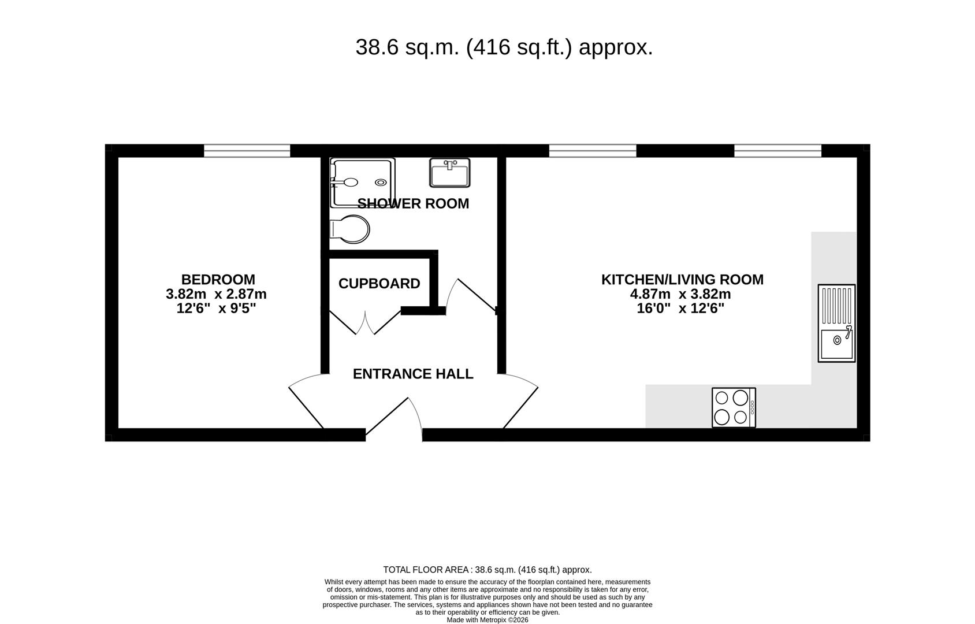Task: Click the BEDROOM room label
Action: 218,280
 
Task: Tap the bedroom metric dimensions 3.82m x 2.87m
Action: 216,294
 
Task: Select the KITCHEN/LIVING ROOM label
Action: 682,280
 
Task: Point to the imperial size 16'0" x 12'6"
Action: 680,309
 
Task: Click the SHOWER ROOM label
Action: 413,203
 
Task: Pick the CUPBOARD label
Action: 379,284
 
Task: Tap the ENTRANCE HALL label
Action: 413,374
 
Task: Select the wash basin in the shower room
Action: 450,173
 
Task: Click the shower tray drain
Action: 381,183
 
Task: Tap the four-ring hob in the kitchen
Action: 734,407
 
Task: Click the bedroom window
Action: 247,151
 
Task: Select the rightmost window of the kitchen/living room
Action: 777,151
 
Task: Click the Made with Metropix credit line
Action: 487,619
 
